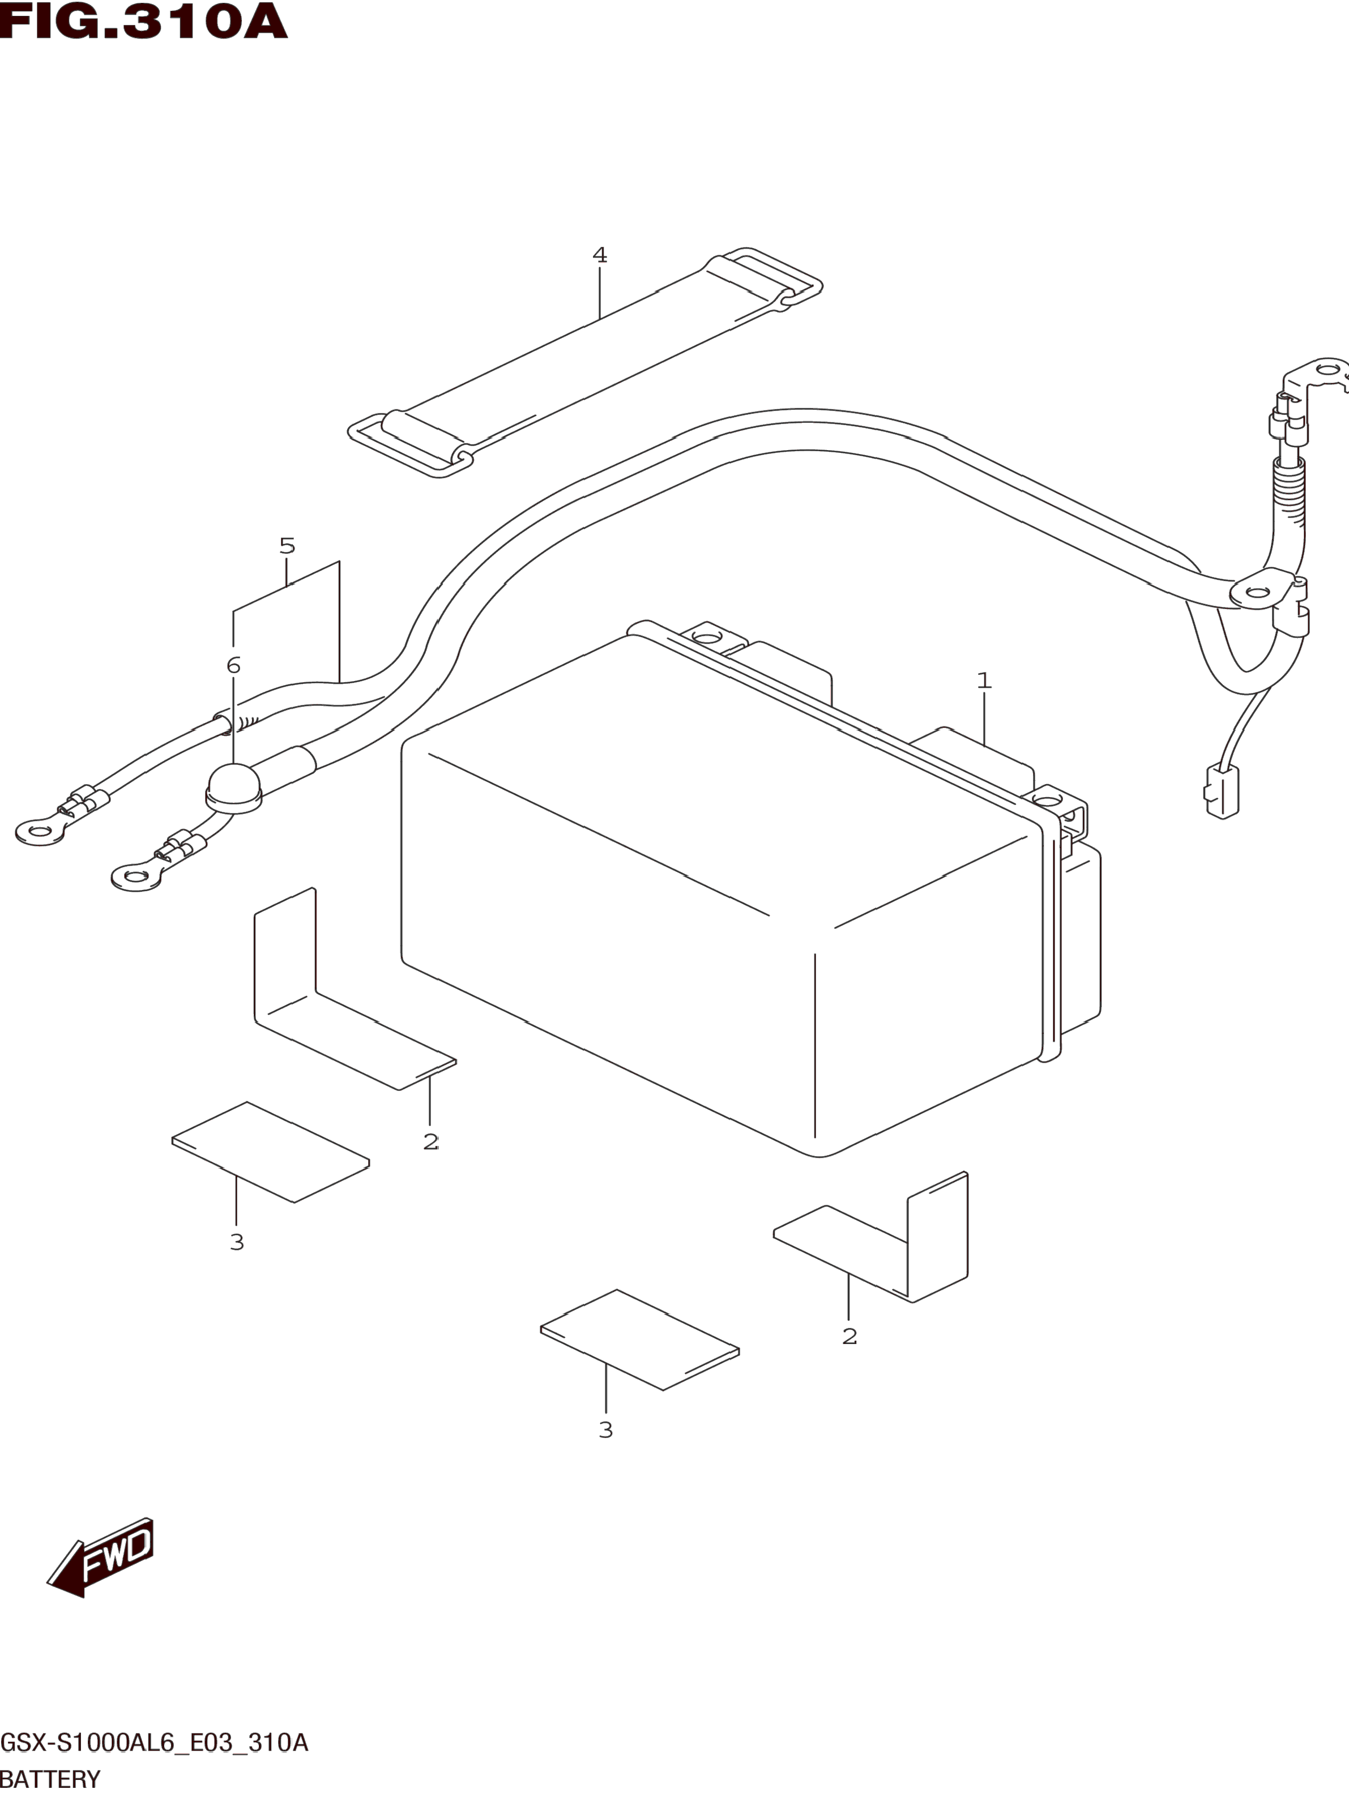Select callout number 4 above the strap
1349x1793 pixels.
click(x=599, y=255)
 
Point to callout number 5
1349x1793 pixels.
click(x=287, y=546)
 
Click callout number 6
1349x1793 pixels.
click(x=233, y=665)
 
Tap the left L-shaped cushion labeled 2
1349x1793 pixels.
click(x=325, y=1005)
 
